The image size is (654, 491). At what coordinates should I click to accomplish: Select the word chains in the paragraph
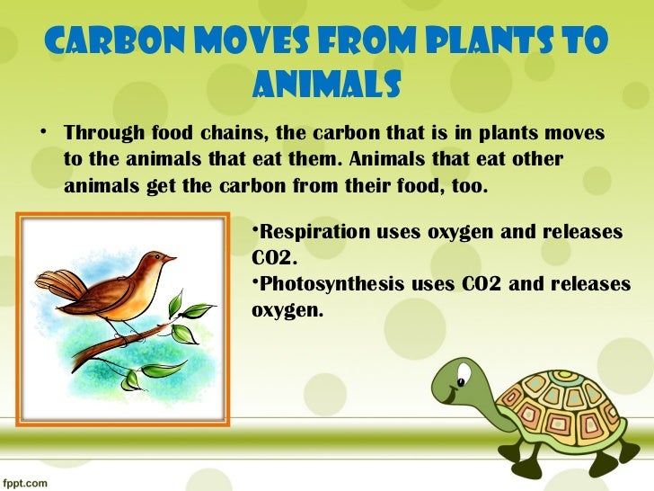(233, 134)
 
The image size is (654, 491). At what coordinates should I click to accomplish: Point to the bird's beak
(170, 259)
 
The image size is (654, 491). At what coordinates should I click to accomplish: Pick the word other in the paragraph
(538, 161)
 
